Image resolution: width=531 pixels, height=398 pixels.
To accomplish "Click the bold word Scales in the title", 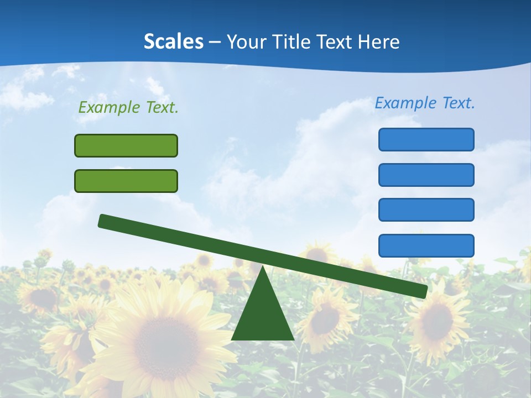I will tap(173, 41).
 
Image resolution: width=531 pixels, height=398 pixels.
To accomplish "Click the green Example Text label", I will tap(128, 108).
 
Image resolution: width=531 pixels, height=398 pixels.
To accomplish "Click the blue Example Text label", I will tap(425, 103).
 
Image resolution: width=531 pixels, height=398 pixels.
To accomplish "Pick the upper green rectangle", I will tap(126, 146).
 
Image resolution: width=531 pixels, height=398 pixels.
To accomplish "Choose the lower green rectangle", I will tap(126, 181).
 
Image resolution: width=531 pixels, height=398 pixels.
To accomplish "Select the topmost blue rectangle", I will tap(426, 139).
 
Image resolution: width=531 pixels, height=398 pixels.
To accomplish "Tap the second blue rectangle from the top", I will tap(426, 175).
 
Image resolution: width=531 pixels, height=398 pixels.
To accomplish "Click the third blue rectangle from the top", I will tap(426, 210).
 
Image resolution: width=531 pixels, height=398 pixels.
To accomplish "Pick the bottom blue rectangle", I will tap(426, 245).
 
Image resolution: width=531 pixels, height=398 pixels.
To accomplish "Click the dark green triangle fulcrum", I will tap(263, 315).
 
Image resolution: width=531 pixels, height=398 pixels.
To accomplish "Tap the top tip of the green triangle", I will tap(263, 268).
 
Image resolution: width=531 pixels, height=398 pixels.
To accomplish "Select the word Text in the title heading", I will tap(336, 41).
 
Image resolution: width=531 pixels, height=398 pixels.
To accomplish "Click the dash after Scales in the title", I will tap(215, 42).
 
